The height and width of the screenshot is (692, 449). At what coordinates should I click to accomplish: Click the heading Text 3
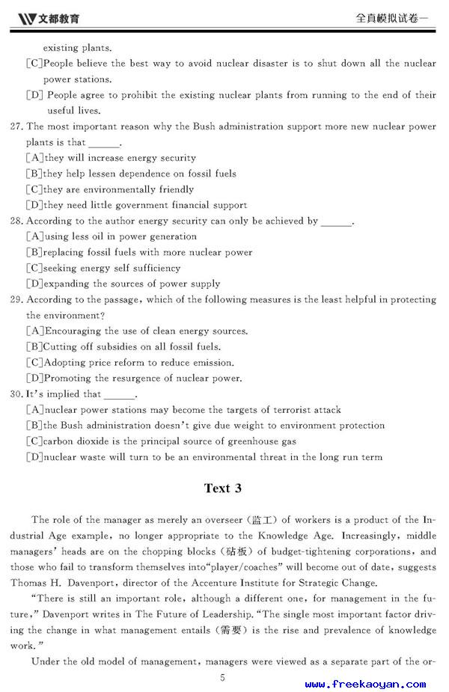coord(223,489)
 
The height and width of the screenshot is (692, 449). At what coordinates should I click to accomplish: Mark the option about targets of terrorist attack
coord(183,409)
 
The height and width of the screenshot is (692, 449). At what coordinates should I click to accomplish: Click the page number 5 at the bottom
coord(222,678)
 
